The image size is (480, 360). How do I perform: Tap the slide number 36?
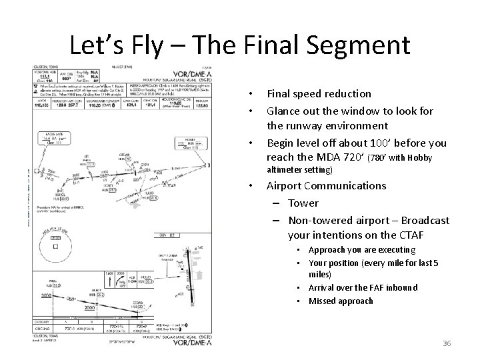(x=446, y=343)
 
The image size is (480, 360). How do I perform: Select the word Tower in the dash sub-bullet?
(x=303, y=203)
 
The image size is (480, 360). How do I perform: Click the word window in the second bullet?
(x=357, y=111)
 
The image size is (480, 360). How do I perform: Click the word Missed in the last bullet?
(x=324, y=301)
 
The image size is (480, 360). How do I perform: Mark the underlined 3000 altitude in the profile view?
(x=47, y=295)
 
